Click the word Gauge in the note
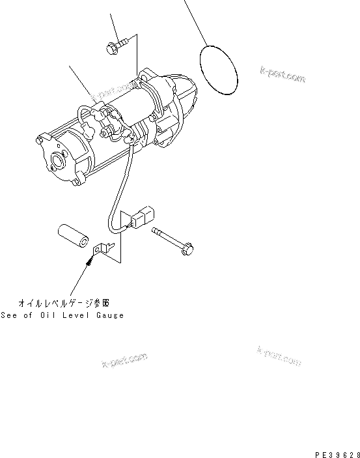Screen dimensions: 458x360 click(x=108, y=315)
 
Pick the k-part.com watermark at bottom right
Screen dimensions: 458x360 click(x=279, y=355)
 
